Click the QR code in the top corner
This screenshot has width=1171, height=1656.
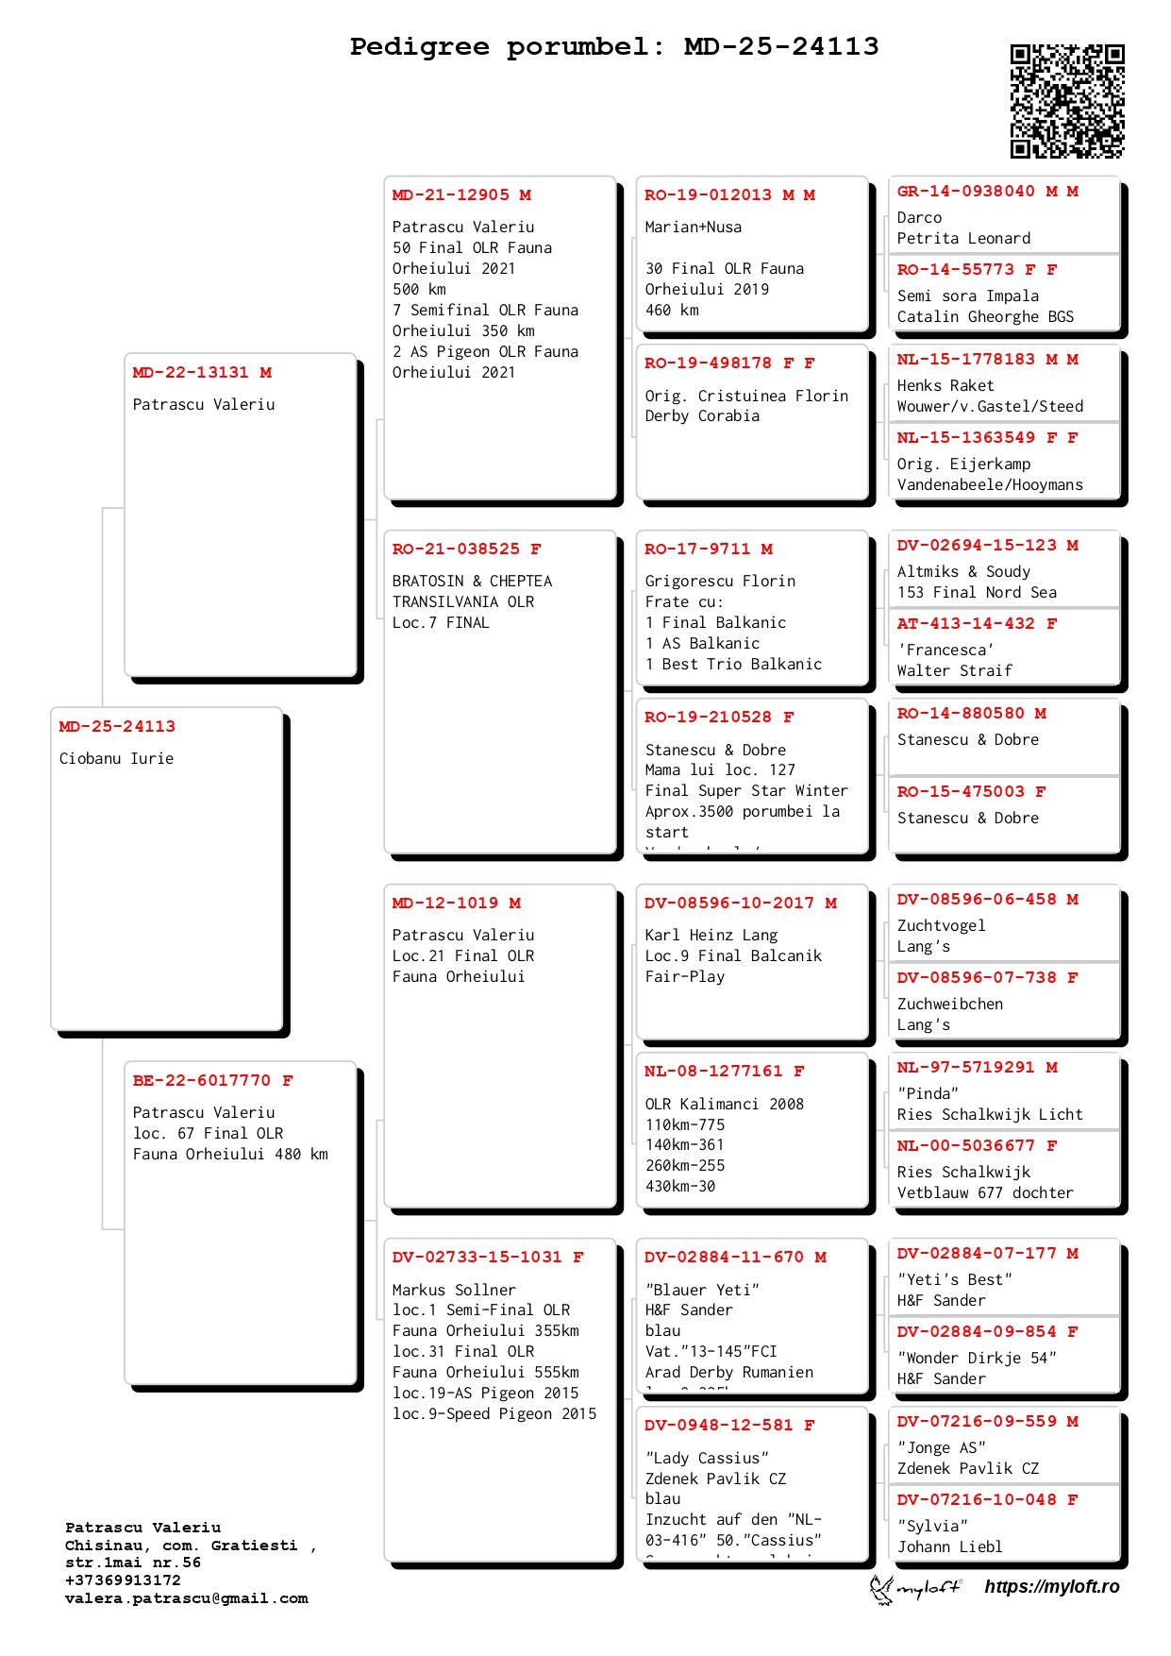(1067, 100)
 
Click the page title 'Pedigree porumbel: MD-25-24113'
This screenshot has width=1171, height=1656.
(614, 46)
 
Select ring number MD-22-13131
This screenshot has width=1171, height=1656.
(191, 373)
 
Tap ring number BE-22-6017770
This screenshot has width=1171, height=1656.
(201, 1081)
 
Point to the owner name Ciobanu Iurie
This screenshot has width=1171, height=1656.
(116, 759)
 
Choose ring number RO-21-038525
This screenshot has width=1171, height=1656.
(456, 549)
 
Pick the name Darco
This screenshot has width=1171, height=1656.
(919, 218)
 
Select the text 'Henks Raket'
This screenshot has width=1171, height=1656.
(945, 386)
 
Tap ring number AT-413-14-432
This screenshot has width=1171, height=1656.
(965, 624)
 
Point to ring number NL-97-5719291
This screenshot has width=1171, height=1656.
(965, 1068)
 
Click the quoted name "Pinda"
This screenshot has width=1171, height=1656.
(928, 1094)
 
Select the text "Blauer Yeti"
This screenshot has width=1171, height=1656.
(702, 1291)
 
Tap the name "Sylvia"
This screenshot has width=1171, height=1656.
(932, 1527)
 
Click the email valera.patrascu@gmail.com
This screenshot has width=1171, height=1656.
(186, 1598)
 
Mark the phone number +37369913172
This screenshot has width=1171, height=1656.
(123, 1580)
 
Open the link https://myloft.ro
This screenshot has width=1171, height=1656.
(1051, 1587)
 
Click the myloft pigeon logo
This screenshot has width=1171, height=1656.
(883, 1588)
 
